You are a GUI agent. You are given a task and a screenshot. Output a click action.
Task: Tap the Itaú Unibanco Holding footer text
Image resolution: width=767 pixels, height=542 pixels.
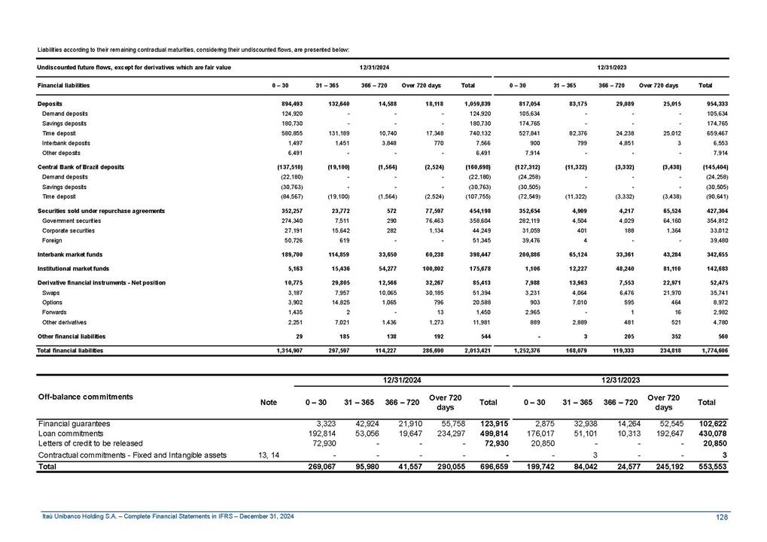click(168, 516)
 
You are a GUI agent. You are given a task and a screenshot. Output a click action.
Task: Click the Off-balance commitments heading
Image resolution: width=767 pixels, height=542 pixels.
click(85, 396)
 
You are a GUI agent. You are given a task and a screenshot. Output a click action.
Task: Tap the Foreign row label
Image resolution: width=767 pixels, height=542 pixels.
click(53, 240)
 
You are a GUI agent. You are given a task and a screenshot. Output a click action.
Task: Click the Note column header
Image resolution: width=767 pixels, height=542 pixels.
click(268, 403)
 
